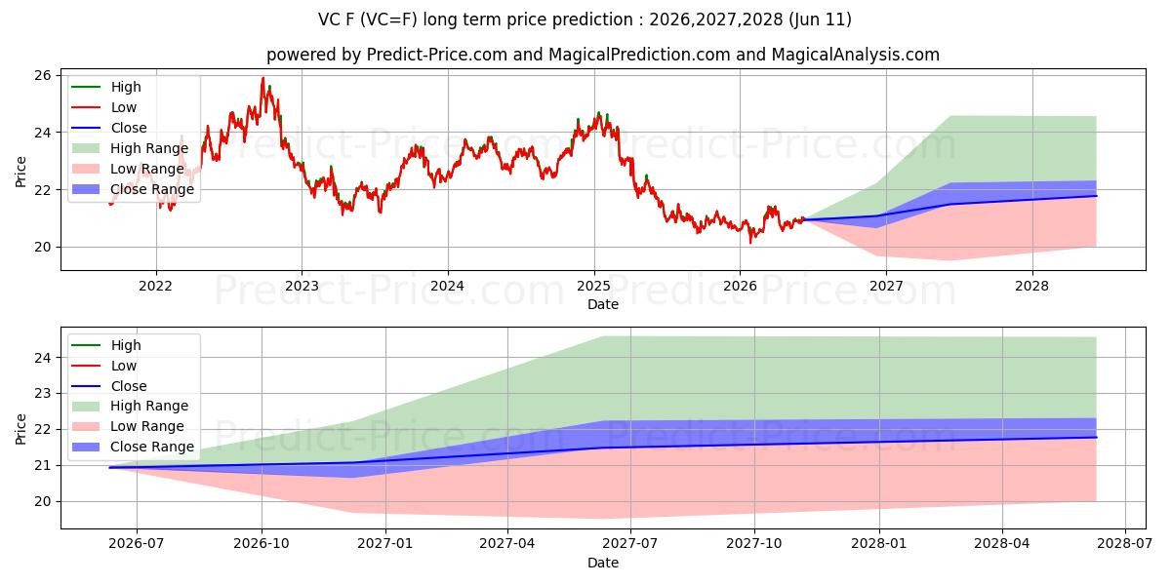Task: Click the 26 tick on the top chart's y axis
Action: (x=43, y=76)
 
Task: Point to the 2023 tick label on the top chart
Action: (x=302, y=287)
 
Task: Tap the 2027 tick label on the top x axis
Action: (x=886, y=287)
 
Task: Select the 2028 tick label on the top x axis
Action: (x=1032, y=287)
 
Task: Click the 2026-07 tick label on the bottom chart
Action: (x=137, y=544)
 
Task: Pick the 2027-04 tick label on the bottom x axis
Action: (x=507, y=544)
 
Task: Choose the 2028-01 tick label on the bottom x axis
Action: (x=879, y=544)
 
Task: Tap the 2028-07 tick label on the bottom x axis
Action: (x=1125, y=544)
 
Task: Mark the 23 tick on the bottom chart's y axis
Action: (x=43, y=393)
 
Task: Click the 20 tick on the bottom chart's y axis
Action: (x=43, y=502)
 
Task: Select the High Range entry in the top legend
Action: (x=130, y=148)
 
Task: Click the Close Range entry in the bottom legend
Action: (x=133, y=448)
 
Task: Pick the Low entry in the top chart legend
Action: (x=103, y=107)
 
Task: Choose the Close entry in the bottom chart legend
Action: (x=108, y=386)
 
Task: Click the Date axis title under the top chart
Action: (x=603, y=304)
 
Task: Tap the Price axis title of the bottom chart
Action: (x=20, y=429)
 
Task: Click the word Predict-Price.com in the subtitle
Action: (x=437, y=55)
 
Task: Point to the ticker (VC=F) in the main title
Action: (x=389, y=19)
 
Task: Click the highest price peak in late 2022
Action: (x=262, y=78)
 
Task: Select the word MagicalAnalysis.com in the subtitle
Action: (x=855, y=55)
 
